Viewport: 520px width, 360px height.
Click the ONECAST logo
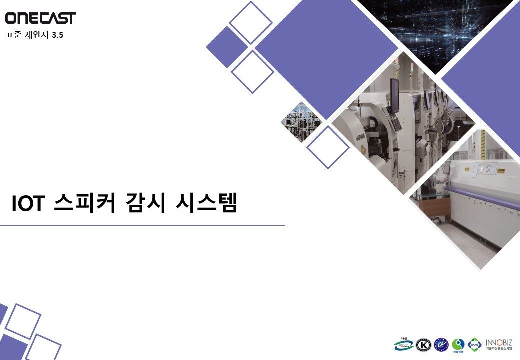click(40, 18)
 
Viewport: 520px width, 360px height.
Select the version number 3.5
click(58, 35)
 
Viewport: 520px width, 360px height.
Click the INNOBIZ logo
click(498, 344)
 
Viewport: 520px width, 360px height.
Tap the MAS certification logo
click(474, 345)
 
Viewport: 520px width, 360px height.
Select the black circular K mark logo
click(424, 345)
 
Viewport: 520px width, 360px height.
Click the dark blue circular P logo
click(441, 345)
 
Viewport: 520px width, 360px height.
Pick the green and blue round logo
click(458, 345)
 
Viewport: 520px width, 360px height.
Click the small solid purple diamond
click(226, 46)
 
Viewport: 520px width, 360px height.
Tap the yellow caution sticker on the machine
click(501, 171)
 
